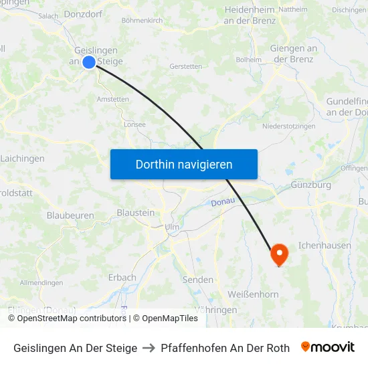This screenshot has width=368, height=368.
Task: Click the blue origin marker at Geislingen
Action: (88, 62)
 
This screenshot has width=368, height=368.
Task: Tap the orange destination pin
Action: (278, 254)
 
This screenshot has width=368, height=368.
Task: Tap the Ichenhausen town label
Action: (325, 246)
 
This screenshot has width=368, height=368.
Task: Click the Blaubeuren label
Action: (70, 215)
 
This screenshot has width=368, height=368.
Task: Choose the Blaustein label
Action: (136, 212)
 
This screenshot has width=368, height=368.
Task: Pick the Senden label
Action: (198, 280)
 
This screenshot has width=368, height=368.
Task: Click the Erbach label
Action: (122, 277)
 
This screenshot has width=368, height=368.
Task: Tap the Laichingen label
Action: (23, 159)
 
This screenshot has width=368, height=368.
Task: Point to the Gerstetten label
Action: (186, 66)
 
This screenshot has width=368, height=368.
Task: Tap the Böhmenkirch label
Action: (142, 21)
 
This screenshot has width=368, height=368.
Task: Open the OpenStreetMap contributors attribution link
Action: (72, 318)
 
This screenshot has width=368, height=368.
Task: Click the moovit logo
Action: (328, 347)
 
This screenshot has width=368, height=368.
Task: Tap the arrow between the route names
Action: (149, 348)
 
